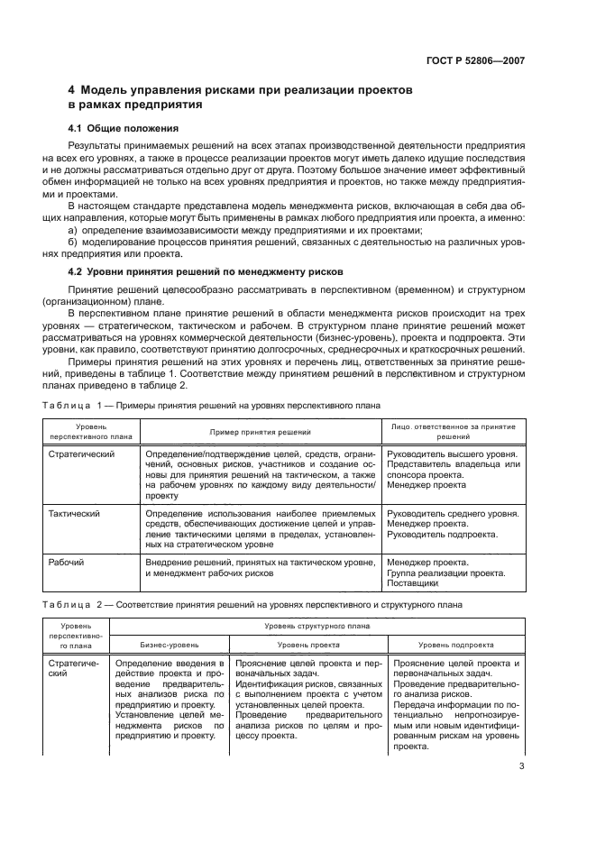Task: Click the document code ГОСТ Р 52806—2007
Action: coord(474,61)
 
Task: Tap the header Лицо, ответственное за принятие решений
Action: coord(453,432)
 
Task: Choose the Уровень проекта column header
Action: coord(308,646)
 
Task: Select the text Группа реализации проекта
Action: coord(445,573)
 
